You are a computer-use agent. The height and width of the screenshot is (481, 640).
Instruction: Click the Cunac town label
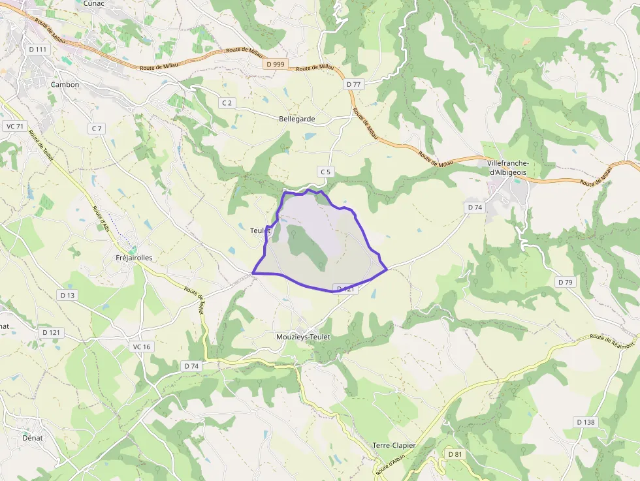pyautogui.click(x=95, y=3)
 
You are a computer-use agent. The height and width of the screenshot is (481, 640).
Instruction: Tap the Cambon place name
pyautogui.click(x=65, y=84)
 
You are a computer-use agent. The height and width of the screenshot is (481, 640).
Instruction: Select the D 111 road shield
pyautogui.click(x=39, y=49)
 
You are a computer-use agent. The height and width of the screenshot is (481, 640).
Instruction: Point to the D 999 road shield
pyautogui.click(x=276, y=64)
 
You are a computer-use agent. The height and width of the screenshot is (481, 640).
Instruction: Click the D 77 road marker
pyautogui.click(x=354, y=84)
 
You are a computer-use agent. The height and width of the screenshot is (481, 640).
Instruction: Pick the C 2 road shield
pyautogui.click(x=227, y=102)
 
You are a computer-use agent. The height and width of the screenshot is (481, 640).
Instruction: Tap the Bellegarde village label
pyautogui.click(x=297, y=119)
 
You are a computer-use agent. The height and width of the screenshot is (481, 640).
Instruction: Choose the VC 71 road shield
pyautogui.click(x=14, y=126)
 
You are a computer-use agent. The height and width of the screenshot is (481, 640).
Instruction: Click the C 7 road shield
pyautogui.click(x=97, y=129)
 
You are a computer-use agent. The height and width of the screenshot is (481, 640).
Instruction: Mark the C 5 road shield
pyautogui.click(x=326, y=172)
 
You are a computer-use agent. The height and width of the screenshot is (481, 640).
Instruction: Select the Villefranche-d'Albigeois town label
pyautogui.click(x=507, y=168)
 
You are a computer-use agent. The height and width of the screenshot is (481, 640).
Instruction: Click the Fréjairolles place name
pyautogui.click(x=134, y=258)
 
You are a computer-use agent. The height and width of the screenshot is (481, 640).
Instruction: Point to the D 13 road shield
pyautogui.click(x=68, y=295)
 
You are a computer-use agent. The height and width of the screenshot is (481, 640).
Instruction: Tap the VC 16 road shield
pyautogui.click(x=141, y=347)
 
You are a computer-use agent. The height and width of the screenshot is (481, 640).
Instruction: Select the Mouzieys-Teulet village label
pyautogui.click(x=304, y=337)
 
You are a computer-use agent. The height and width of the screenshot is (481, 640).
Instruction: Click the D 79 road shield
pyautogui.click(x=565, y=282)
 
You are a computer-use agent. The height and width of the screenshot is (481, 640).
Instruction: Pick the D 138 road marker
pyautogui.click(x=586, y=422)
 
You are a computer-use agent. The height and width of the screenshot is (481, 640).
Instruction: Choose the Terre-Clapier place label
pyautogui.click(x=394, y=445)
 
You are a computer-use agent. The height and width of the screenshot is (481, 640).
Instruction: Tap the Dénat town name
pyautogui.click(x=33, y=438)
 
